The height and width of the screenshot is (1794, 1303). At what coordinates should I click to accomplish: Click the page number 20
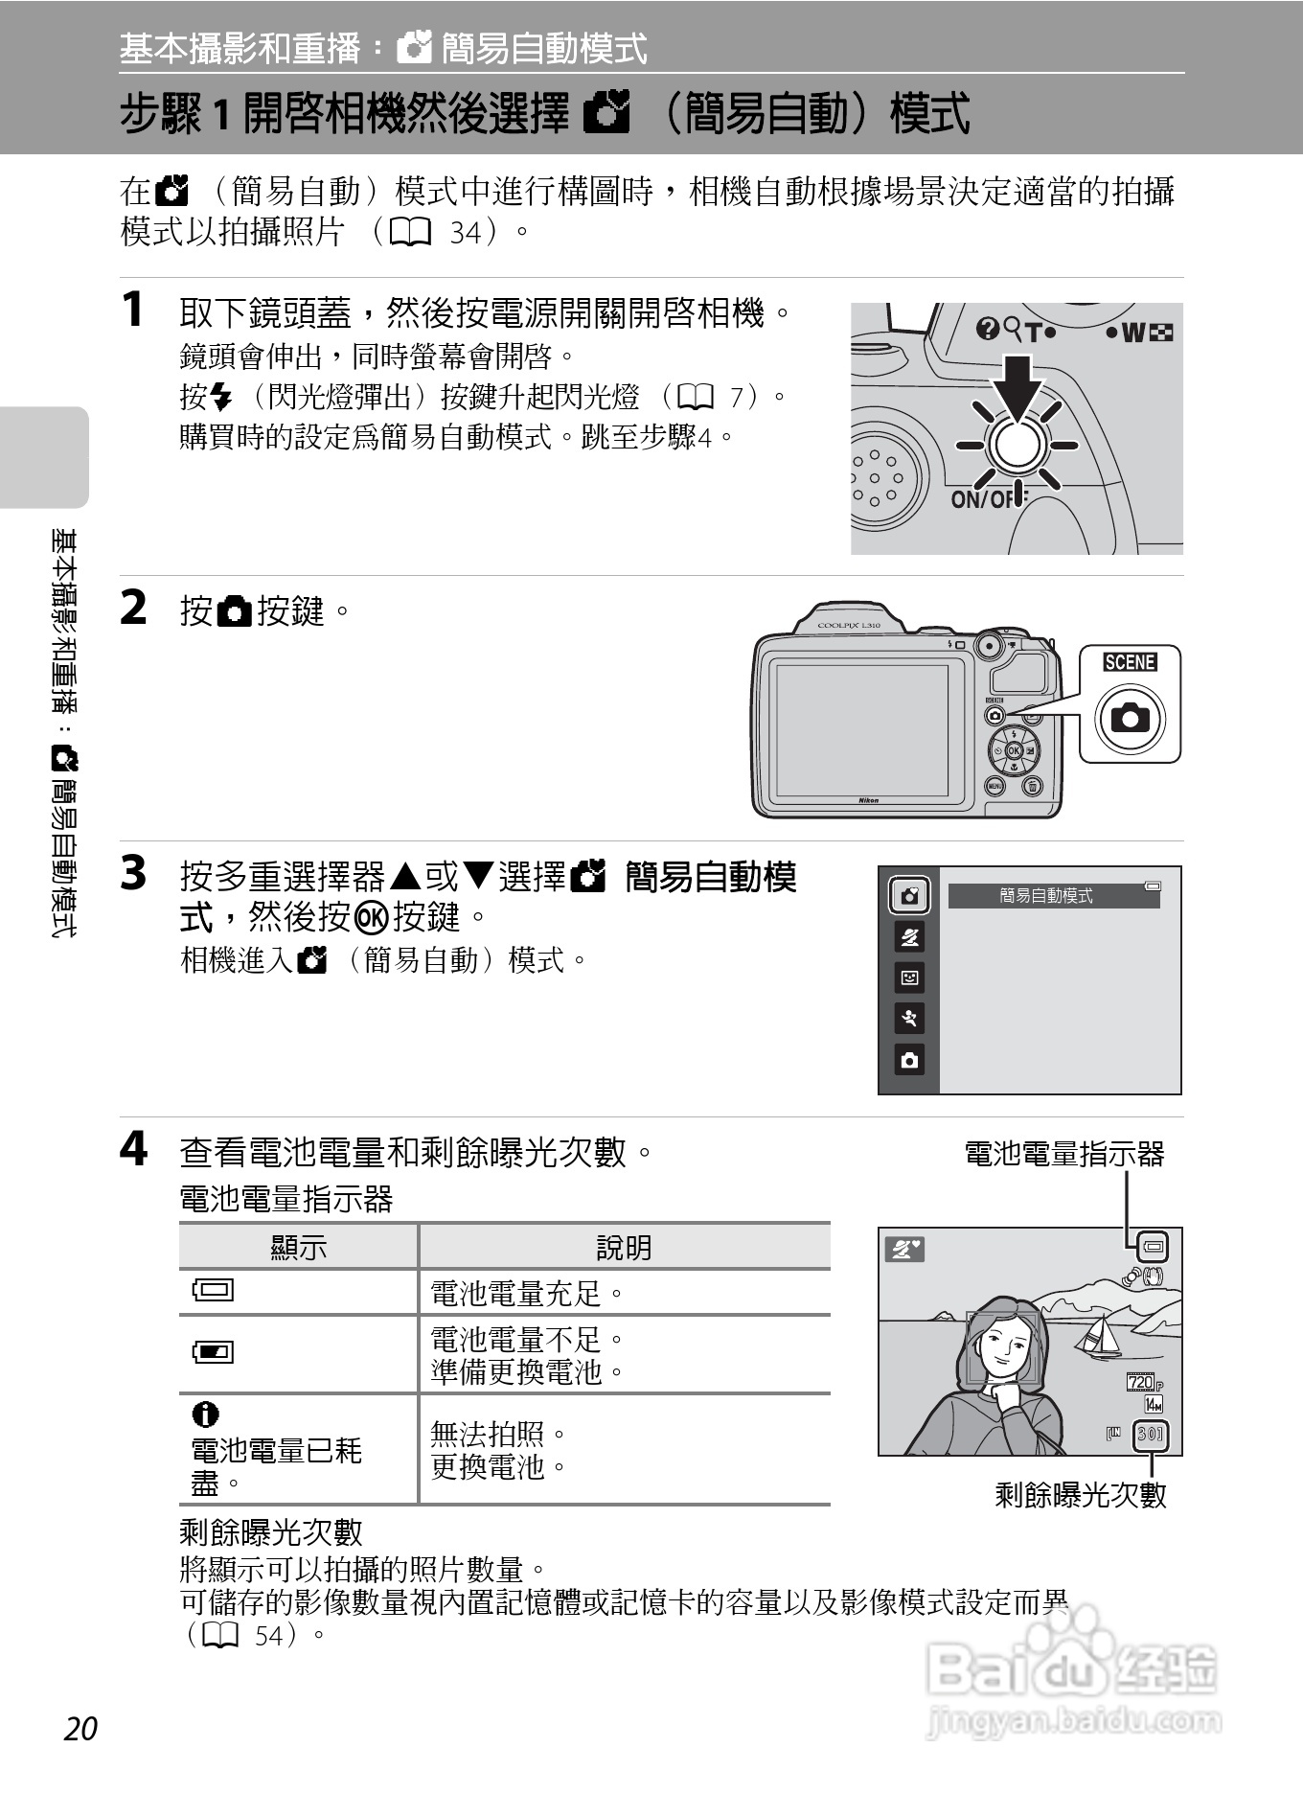pyautogui.click(x=81, y=1728)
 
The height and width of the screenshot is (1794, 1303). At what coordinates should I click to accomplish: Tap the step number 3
pyautogui.click(x=133, y=874)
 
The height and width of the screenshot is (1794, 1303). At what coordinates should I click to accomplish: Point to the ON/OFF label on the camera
pyautogui.click(x=982, y=499)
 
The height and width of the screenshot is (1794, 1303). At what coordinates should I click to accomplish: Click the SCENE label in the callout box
pyautogui.click(x=1130, y=662)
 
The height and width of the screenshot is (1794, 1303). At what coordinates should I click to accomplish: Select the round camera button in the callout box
pyautogui.click(x=1130, y=717)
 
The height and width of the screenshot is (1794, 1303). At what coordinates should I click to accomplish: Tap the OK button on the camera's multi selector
pyautogui.click(x=1013, y=751)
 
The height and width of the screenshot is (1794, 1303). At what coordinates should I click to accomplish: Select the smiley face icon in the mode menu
pyautogui.click(x=909, y=977)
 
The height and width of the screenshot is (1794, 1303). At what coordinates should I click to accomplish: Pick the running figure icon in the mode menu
pyautogui.click(x=909, y=1019)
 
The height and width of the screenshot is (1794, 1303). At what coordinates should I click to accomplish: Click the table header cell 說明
pyautogui.click(x=624, y=1247)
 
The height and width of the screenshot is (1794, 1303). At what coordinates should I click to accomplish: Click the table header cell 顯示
pyautogui.click(x=298, y=1247)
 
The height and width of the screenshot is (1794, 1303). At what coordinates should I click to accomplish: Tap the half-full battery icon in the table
pyautogui.click(x=213, y=1352)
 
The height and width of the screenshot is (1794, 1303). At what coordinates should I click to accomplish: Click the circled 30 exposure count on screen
pyautogui.click(x=1150, y=1435)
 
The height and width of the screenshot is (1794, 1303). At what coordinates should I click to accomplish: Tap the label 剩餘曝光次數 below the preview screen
pyautogui.click(x=1081, y=1495)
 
